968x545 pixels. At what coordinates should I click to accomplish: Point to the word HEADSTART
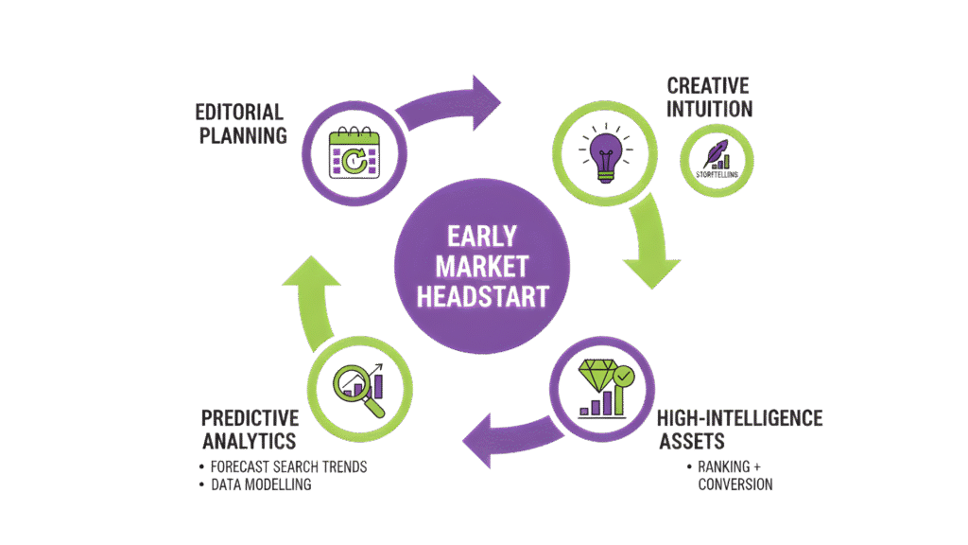484,295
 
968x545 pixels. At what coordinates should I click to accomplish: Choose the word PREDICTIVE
250,417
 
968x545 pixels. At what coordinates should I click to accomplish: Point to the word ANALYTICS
248,442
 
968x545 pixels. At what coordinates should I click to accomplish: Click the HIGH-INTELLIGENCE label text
740,417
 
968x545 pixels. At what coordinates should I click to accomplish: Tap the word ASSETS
690,442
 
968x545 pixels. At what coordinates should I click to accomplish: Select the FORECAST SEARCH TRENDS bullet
289,467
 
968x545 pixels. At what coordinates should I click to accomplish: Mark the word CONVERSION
735,485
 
